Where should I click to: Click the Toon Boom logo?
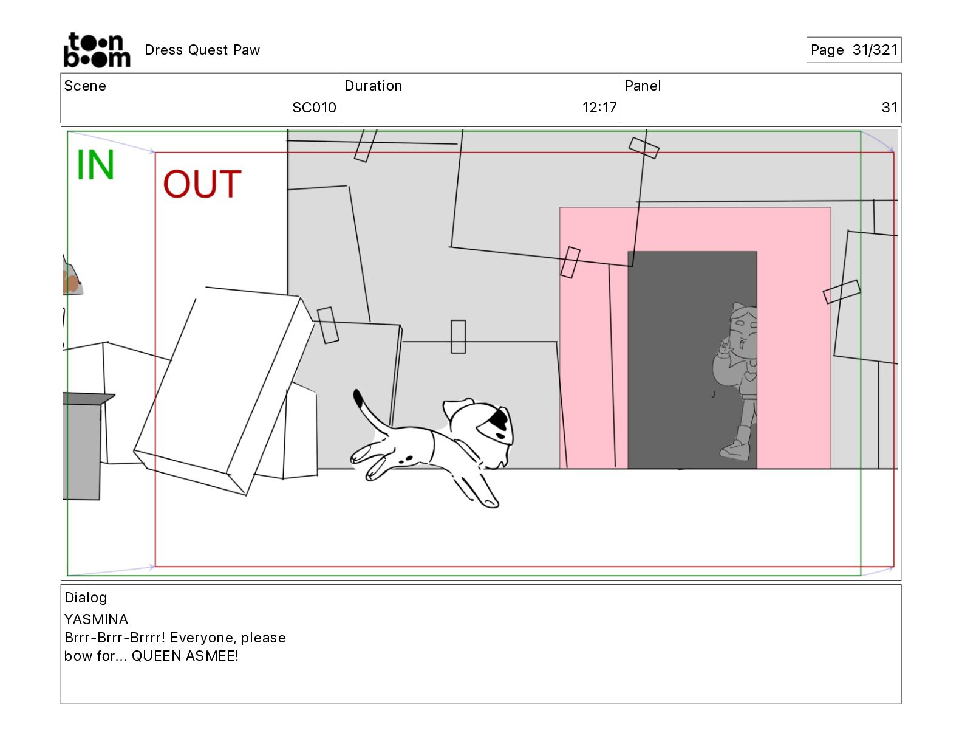[x=97, y=50]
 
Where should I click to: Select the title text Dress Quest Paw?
[x=202, y=50]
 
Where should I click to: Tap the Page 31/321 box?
[x=853, y=50]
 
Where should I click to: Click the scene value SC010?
[x=315, y=108]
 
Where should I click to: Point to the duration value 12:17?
[x=599, y=108]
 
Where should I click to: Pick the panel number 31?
[x=889, y=108]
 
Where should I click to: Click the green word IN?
[x=95, y=164]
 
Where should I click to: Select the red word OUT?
[x=202, y=184]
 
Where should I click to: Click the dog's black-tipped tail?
[x=370, y=412]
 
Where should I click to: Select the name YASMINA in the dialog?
[x=96, y=619]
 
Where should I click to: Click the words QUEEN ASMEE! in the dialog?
[x=185, y=656]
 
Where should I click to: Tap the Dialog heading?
[x=86, y=598]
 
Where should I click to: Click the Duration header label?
[x=374, y=86]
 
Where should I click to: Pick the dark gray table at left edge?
[x=84, y=446]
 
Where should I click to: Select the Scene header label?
[x=85, y=86]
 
